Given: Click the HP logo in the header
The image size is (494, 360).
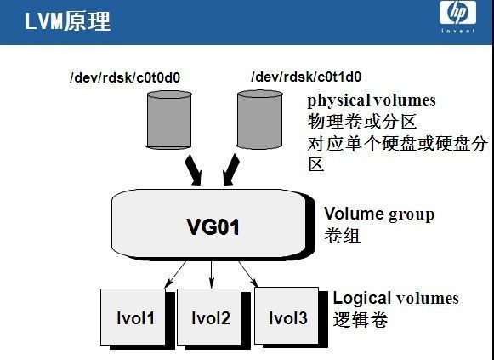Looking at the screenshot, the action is pos(457,16).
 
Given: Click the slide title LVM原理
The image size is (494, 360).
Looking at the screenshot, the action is pos(67,21).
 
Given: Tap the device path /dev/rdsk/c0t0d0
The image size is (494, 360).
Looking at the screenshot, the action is pos(125,77).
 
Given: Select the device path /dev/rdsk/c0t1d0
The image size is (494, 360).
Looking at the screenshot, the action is pos(306,77).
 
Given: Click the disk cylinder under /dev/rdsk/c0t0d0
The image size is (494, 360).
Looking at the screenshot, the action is pos(169,120).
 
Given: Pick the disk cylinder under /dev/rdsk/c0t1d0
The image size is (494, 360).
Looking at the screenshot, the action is pos(259,119).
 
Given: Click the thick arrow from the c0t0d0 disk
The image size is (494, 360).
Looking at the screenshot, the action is pos(193,169).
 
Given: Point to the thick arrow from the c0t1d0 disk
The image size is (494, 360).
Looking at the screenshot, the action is pos(231,169).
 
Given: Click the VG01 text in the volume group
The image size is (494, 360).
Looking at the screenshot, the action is pos(213,226).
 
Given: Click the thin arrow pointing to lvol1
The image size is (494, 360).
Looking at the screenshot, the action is pos(175,275).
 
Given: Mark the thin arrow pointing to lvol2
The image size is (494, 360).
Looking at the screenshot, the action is pos(212,275).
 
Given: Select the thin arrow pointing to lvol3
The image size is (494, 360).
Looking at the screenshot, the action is pos(248,274).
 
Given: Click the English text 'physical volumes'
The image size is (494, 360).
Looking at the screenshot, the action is pos(372,101).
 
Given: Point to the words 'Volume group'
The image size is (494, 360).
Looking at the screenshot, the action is pos(379,214).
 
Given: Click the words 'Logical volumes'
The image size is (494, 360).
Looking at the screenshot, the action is pos(395,298).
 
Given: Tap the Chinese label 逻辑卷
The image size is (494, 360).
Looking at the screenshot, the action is pos(361,320).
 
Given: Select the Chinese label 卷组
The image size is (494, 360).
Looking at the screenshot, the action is pos(343,235).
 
